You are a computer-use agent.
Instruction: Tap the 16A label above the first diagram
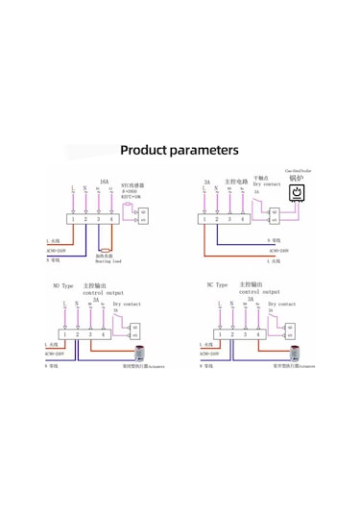tap(105, 181)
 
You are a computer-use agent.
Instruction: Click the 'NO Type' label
tap(62, 285)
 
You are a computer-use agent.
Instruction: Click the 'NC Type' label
tap(217, 285)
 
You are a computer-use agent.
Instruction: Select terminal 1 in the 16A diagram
tap(73, 220)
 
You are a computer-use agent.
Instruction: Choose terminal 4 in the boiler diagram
tap(244, 219)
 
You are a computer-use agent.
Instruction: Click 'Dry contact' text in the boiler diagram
tap(267, 184)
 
